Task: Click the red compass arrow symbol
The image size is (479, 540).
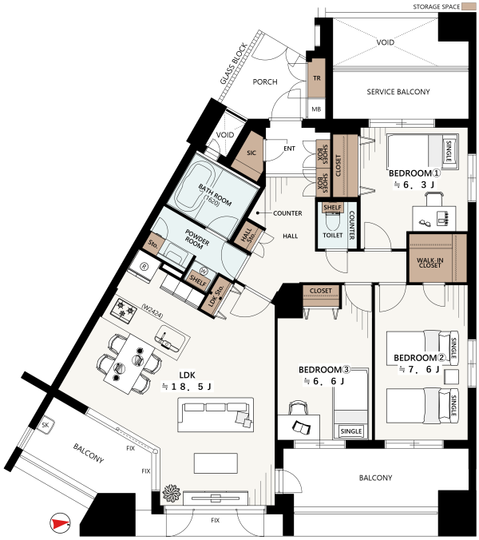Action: pos(60,523)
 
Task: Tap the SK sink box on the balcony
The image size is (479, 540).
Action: pos(45,426)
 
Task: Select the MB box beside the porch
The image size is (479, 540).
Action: pos(316,109)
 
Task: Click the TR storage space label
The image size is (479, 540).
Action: pos(317,78)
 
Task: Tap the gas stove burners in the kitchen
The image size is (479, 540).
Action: pos(123,308)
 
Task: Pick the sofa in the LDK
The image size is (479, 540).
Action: pos(216,415)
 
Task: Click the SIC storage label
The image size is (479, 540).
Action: pos(251,153)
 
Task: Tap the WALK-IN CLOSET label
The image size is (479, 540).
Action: pos(430,263)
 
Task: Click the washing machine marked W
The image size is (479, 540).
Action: pos(204,272)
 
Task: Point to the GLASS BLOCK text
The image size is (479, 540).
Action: pos(234,64)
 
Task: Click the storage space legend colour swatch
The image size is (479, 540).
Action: pos(468,6)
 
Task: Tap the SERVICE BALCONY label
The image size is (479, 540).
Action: pos(398,92)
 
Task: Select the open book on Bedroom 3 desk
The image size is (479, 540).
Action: pos(301,427)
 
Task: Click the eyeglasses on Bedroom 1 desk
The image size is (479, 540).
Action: pos(425,223)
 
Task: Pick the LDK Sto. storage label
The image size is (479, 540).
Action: pos(216,296)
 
